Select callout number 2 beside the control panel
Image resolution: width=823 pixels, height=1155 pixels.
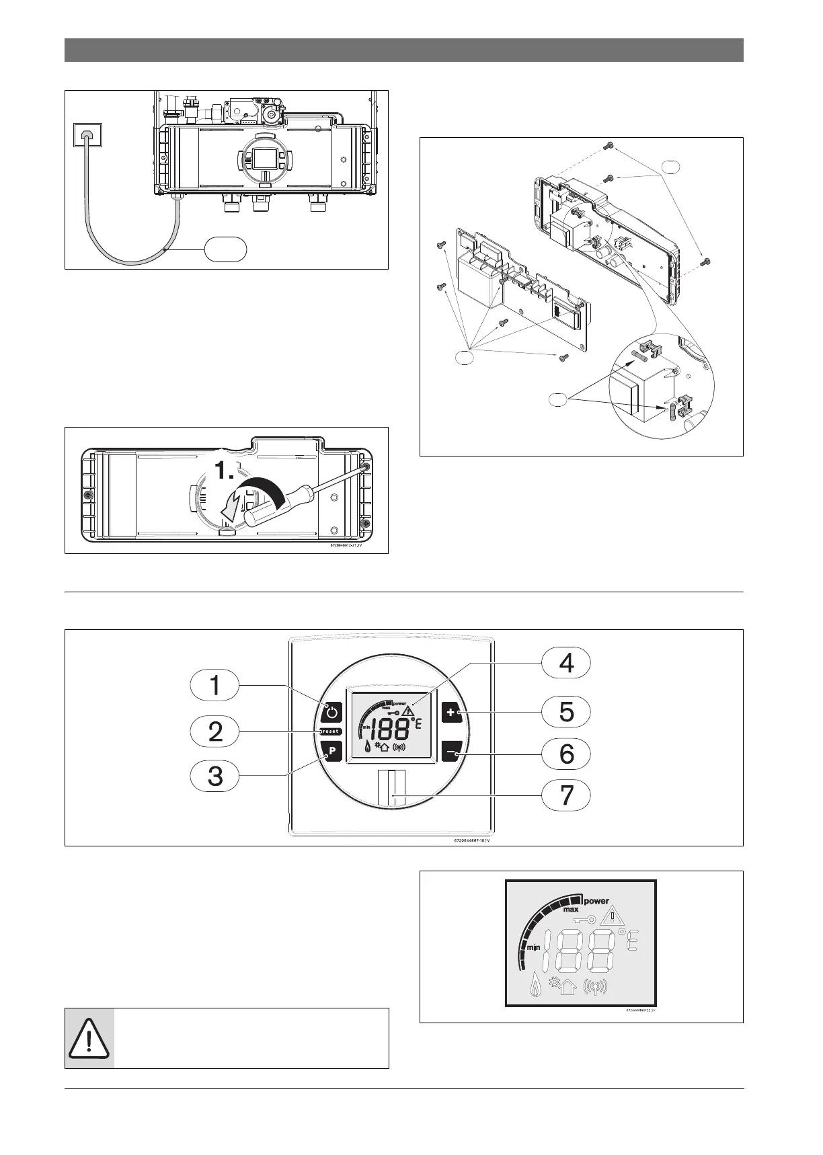[214, 731]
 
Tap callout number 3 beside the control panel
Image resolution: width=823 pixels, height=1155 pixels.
[214, 776]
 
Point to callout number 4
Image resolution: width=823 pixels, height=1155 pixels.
[567, 663]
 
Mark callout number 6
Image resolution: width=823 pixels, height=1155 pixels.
[567, 753]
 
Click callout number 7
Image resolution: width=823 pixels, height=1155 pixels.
[567, 795]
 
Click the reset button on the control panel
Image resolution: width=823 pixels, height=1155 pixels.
[330, 731]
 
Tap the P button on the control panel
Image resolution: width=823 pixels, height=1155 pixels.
[331, 751]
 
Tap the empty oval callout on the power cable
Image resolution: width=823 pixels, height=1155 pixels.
[225, 249]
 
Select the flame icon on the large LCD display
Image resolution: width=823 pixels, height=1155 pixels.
[536, 986]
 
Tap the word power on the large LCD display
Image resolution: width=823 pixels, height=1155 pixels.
[596, 900]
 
